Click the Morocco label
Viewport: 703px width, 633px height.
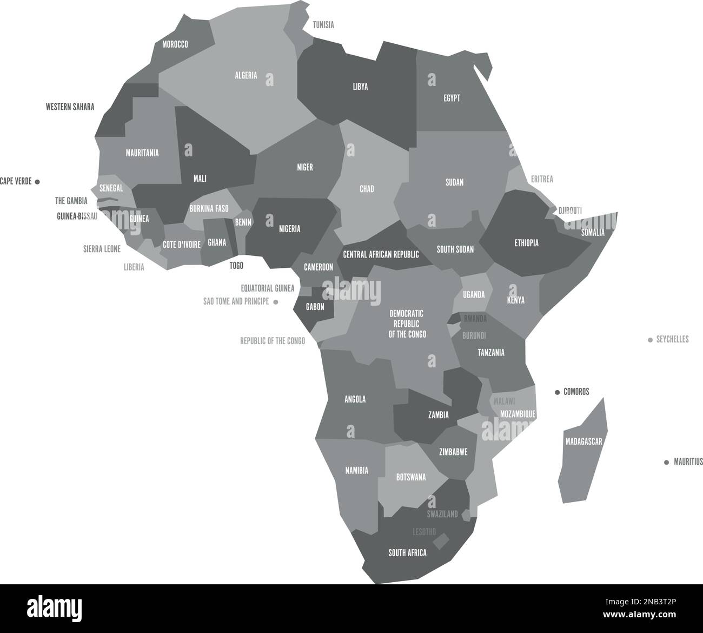tap(175, 44)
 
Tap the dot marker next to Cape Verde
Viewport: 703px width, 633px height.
tap(37, 182)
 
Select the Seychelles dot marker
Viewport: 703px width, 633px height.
tap(650, 340)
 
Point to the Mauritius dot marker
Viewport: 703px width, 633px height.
tap(666, 462)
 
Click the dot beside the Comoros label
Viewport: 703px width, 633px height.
tap(557, 392)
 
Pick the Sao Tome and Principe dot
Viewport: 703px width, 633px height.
tap(276, 302)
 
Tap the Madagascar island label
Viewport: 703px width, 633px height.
tap(583, 442)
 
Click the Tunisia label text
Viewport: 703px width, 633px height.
tap(323, 25)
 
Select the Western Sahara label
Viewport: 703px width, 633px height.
tap(70, 107)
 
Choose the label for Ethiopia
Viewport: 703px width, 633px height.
tap(526, 243)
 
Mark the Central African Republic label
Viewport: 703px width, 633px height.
tap(381, 254)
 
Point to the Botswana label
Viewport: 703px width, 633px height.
tap(411, 477)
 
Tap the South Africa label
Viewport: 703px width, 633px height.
tap(407, 553)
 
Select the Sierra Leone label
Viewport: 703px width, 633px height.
tap(102, 249)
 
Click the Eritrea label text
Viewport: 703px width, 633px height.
tap(542, 179)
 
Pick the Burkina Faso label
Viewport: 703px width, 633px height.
tap(209, 208)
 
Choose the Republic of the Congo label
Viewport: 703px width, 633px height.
tap(273, 341)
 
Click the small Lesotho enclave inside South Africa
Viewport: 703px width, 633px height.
tap(441, 541)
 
